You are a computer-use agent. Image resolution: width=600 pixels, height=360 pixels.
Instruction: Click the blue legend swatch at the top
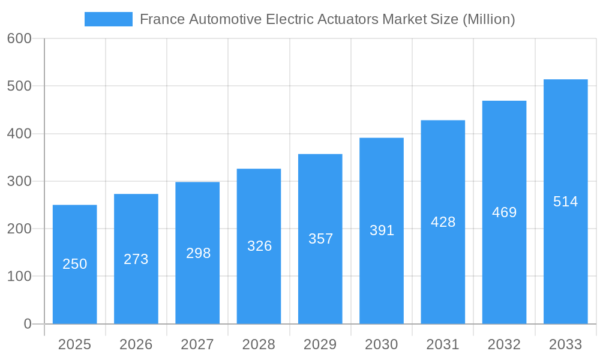[x=108, y=19]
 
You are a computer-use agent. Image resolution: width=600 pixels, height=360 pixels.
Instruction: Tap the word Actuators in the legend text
[x=348, y=19]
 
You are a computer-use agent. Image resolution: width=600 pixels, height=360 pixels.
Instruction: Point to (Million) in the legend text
[x=488, y=19]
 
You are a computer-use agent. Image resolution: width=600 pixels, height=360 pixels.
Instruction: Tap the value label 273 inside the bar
[x=136, y=259]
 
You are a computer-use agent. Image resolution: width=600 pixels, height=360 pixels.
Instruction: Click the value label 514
[x=565, y=202]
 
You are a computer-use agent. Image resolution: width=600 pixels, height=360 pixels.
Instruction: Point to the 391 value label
[x=382, y=230]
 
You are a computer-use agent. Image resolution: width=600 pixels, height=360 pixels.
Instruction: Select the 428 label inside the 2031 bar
[x=443, y=222]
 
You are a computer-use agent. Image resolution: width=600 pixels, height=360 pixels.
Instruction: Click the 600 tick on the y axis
[x=19, y=38]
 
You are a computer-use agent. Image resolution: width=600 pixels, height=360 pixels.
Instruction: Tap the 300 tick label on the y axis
[x=19, y=181]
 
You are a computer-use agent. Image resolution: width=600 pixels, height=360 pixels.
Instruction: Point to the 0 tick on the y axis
[x=28, y=324]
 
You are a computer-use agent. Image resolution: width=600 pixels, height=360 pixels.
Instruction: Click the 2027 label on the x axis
[x=197, y=344]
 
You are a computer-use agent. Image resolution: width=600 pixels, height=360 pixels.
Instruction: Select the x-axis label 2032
[x=504, y=344]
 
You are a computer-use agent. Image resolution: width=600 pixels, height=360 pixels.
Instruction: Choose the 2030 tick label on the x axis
[x=382, y=344]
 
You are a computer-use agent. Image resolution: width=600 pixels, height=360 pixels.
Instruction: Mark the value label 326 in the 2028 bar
[x=259, y=246]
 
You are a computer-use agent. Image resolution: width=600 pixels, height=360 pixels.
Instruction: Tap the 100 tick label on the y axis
[x=19, y=276]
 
